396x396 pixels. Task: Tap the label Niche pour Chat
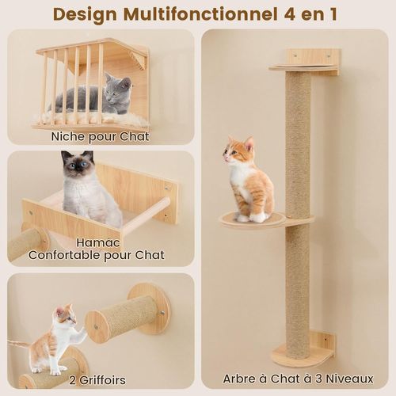[100, 136]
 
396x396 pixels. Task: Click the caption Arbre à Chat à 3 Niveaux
[297, 379]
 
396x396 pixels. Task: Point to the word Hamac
[99, 241]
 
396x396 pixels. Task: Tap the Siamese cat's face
[77, 168]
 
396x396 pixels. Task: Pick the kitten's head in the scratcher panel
[63, 317]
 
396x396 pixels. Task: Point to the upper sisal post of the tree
[299, 143]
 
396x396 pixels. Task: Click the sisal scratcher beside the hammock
[24, 243]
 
